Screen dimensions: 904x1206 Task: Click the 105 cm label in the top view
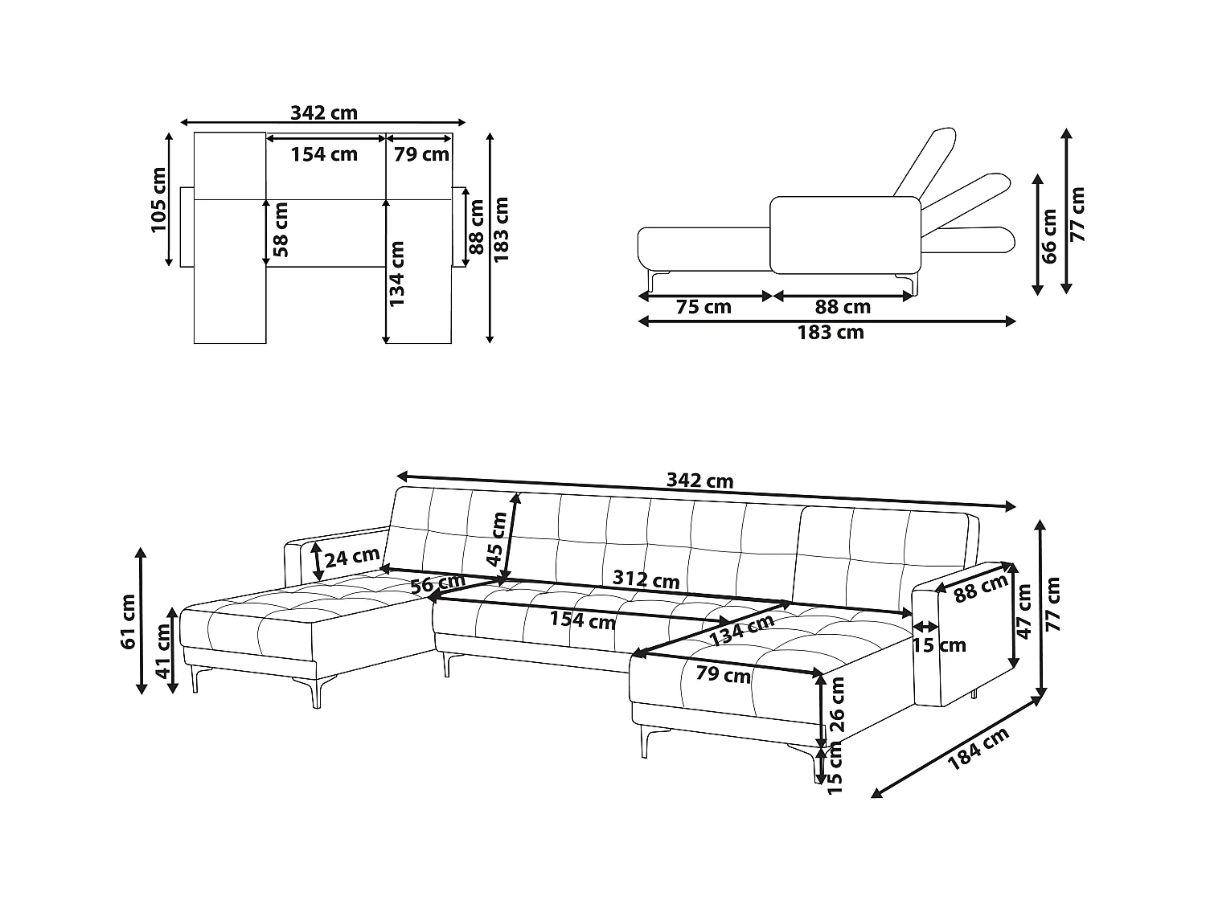[x=158, y=200]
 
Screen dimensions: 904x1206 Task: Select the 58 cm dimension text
[x=280, y=229]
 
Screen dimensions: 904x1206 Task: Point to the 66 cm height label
[x=1048, y=235]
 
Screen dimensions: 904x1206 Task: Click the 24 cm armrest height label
[x=351, y=555]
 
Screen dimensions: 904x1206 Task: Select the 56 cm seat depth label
[x=437, y=585]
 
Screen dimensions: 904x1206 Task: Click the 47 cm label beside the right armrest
[x=1023, y=612]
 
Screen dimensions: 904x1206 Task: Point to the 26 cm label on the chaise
[x=837, y=703]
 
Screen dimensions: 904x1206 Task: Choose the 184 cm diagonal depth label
[x=978, y=749]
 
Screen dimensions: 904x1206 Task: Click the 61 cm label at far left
[x=127, y=620]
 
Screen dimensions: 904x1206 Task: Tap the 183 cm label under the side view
[x=831, y=333]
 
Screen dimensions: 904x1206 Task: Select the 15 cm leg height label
[x=835, y=767]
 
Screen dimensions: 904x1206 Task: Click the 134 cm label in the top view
[x=396, y=273]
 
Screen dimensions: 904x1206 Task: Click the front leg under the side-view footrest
[x=656, y=283]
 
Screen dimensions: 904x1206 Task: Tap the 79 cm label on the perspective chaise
[x=723, y=674]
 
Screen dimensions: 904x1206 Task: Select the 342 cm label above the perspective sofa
[x=699, y=481]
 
